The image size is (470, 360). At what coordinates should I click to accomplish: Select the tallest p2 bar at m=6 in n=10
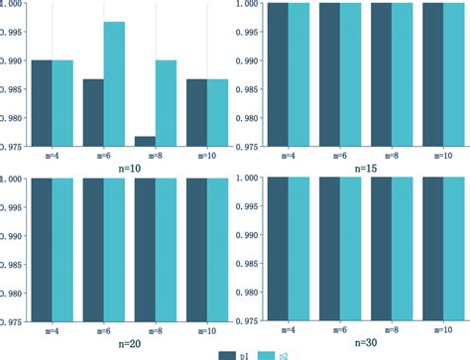[x=114, y=84]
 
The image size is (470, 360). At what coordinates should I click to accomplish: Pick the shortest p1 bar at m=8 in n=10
[x=145, y=141]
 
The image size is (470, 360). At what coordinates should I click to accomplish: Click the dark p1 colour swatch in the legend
[x=231, y=352]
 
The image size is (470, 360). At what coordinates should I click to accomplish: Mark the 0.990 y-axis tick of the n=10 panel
[x=16, y=60]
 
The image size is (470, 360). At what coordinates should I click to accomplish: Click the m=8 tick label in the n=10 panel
[x=155, y=156]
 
